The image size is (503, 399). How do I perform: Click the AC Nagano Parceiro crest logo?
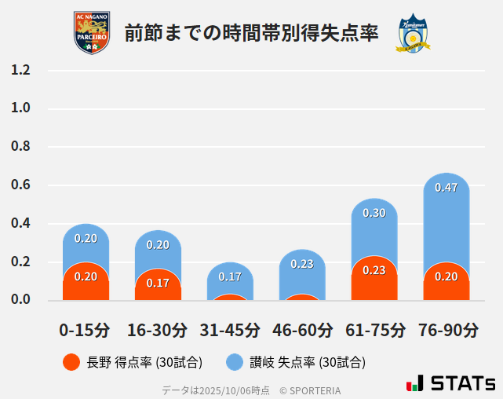click(x=92, y=33)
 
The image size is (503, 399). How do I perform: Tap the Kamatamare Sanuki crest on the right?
click(x=412, y=33)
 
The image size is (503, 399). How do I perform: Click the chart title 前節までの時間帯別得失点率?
click(x=251, y=33)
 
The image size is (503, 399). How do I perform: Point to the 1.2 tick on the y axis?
click(x=20, y=70)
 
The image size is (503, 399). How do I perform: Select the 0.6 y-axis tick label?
click(x=20, y=185)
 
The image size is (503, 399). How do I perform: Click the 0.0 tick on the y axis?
click(x=20, y=299)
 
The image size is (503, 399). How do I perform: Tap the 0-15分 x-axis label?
click(x=85, y=329)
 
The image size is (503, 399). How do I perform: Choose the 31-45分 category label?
click(x=230, y=329)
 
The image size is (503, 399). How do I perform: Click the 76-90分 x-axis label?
click(x=447, y=329)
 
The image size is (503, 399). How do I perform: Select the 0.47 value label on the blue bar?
click(x=447, y=188)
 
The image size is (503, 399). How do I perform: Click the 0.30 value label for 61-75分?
click(x=374, y=213)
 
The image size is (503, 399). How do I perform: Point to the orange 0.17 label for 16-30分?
click(x=158, y=283)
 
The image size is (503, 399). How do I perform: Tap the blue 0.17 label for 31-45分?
click(x=230, y=276)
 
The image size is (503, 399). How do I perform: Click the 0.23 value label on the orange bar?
click(x=374, y=270)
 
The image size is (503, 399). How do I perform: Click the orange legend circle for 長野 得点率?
click(x=71, y=362)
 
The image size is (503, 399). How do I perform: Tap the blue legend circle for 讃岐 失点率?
click(x=235, y=362)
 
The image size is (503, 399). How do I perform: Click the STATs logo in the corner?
click(x=451, y=383)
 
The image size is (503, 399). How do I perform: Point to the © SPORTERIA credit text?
click(x=310, y=390)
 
